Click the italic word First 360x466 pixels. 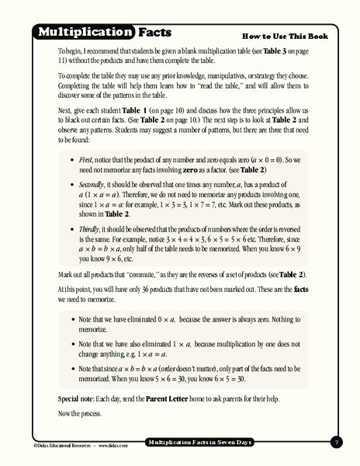pyautogui.click(x=87, y=158)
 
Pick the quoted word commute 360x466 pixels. pyautogui.click(x=124, y=274)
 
